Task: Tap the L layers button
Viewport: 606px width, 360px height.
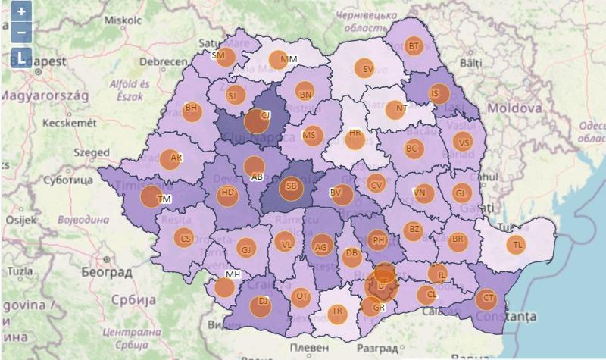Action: pyautogui.click(x=21, y=58)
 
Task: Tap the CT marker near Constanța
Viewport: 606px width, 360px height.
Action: pyautogui.click(x=486, y=298)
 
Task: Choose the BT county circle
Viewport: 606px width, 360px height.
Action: pyautogui.click(x=413, y=47)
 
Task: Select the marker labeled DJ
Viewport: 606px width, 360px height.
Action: pyautogui.click(x=262, y=304)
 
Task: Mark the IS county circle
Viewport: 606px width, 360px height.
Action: pyautogui.click(x=437, y=94)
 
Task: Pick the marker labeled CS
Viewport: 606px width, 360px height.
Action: pyautogui.click(x=184, y=238)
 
